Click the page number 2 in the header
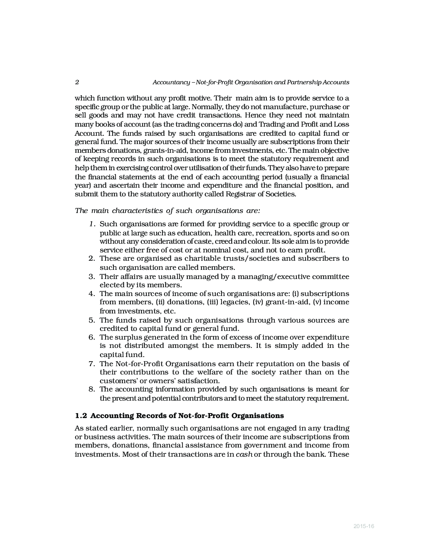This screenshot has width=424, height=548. click(x=77, y=82)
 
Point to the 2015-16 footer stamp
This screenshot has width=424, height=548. click(x=364, y=526)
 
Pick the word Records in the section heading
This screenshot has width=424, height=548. click(x=151, y=416)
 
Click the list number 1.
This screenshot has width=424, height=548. click(x=92, y=224)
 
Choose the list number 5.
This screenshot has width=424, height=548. click(x=92, y=320)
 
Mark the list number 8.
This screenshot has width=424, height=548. click(x=92, y=389)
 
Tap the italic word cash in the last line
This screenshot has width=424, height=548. click(x=244, y=454)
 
